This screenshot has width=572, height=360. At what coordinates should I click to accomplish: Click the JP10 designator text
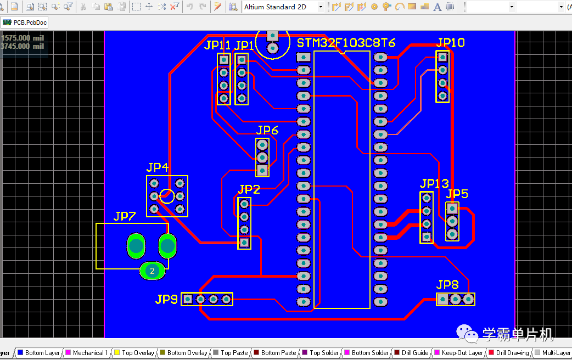(x=451, y=43)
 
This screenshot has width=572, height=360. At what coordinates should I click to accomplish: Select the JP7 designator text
(x=125, y=216)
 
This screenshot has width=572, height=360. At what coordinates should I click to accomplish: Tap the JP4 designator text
(x=157, y=168)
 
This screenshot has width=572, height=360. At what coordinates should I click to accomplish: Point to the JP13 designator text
(x=434, y=183)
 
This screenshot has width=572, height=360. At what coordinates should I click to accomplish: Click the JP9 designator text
(x=166, y=299)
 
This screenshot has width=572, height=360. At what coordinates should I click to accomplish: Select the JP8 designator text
(x=447, y=285)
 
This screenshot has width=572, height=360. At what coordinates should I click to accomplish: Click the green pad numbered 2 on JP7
(x=153, y=270)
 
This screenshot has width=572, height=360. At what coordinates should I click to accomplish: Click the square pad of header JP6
(x=262, y=171)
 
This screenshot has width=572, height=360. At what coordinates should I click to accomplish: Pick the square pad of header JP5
(x=452, y=209)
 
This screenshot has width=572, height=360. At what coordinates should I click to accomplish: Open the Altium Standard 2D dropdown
(x=283, y=7)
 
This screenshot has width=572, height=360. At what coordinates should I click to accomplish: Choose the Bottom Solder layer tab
(x=369, y=353)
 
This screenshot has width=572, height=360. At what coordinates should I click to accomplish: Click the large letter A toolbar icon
(x=438, y=7)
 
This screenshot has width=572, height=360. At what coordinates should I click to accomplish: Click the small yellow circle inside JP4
(x=167, y=196)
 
